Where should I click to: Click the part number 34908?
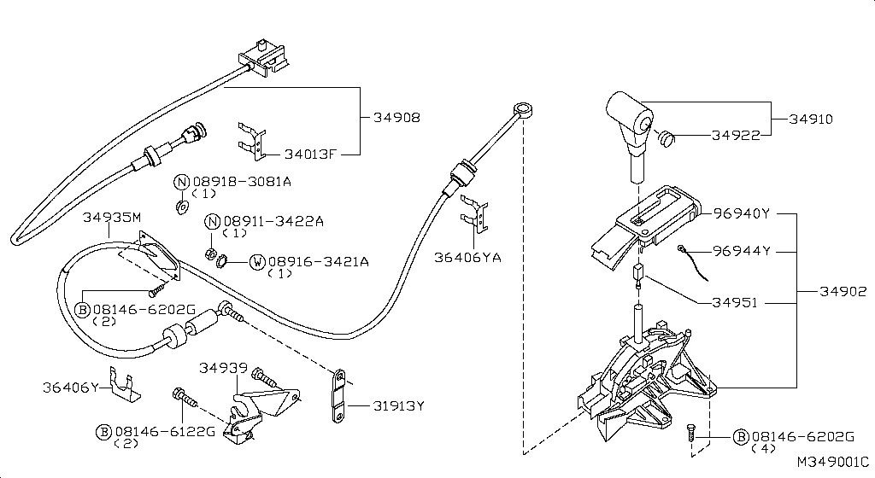pos(397,117)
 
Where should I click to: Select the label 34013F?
pos(310,154)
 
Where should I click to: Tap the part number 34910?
pos(810,119)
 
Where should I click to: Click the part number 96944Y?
pos(742,251)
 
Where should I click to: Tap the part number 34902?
pos(843,291)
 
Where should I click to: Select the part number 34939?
pos(224,368)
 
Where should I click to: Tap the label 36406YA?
pos(467,256)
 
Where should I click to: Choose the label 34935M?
pos(112,218)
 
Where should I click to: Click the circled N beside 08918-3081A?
pos(181,182)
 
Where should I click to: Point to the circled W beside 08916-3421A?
pos(256,261)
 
